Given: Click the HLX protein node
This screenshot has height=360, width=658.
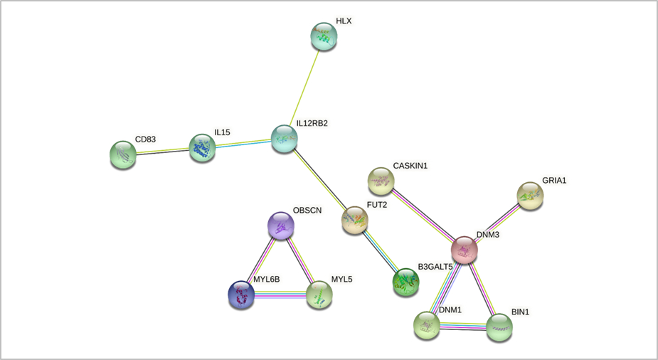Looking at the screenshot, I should (x=324, y=37).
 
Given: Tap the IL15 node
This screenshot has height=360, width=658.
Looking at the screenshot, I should (x=203, y=148).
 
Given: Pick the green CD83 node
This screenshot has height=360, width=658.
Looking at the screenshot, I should (x=124, y=155).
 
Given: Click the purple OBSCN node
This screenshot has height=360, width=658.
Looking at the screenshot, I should (x=280, y=226).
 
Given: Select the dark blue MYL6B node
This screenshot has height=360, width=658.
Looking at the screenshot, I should (x=240, y=295).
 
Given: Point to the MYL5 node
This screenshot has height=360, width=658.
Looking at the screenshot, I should (x=319, y=295).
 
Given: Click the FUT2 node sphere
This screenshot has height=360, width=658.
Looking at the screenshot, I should (x=355, y=221).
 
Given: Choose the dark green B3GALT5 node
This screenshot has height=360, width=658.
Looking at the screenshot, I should (x=406, y=282).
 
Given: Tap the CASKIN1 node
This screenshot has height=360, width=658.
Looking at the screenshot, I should (x=381, y=181).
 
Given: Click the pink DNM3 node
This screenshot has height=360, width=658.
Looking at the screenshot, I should (x=465, y=250).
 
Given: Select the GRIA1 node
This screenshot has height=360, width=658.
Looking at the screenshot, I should (x=530, y=196).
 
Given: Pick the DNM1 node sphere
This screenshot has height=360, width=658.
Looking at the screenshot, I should (x=427, y=325).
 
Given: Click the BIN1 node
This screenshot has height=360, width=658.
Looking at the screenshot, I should (x=499, y=327).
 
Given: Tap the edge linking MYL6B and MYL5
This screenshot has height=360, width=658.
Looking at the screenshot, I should (x=280, y=295).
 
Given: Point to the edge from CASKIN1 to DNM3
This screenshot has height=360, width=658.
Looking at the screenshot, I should (x=423, y=216).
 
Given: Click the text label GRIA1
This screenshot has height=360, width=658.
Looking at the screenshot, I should (x=554, y=181).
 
